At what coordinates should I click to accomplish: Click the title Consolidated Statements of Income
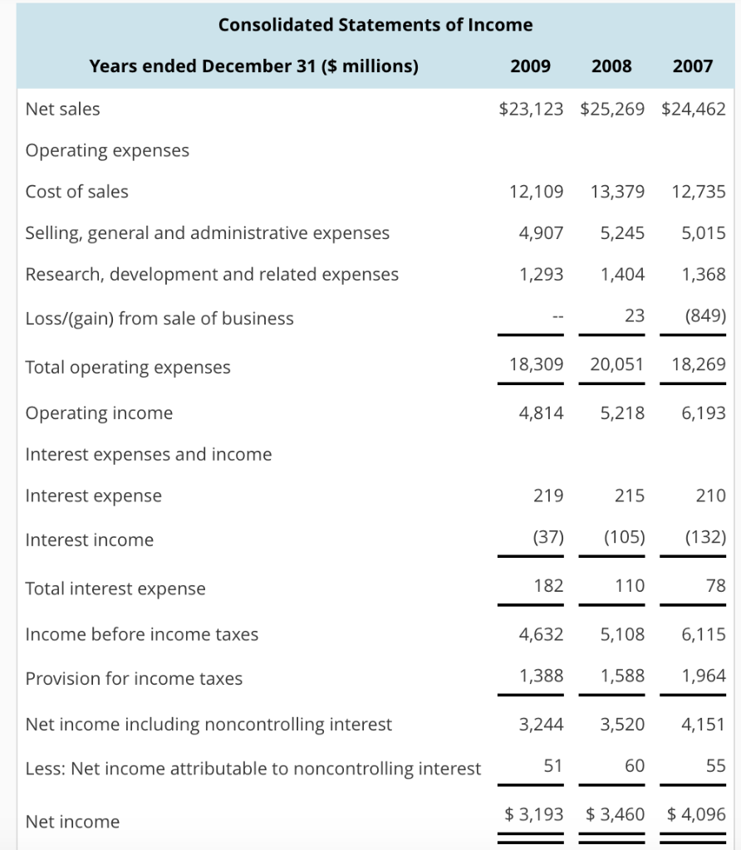click(x=375, y=25)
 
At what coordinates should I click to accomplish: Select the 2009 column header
click(x=530, y=66)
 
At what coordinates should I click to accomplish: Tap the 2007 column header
click(x=693, y=66)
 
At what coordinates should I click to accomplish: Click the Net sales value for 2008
click(x=611, y=109)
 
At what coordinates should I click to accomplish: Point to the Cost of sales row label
click(x=77, y=192)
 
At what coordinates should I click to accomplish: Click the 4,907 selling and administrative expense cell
click(x=541, y=233)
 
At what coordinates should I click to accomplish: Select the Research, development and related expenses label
click(x=212, y=275)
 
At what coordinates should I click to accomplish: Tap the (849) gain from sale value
click(x=705, y=316)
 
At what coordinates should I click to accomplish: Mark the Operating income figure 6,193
click(x=704, y=413)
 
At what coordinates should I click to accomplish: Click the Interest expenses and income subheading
click(x=149, y=454)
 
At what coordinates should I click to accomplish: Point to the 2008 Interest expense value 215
click(x=630, y=496)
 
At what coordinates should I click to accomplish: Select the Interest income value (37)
click(x=548, y=537)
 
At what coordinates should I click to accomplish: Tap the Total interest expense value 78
click(x=715, y=586)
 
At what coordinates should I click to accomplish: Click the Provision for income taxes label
click(x=135, y=679)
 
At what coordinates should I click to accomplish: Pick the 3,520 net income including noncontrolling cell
click(x=622, y=724)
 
